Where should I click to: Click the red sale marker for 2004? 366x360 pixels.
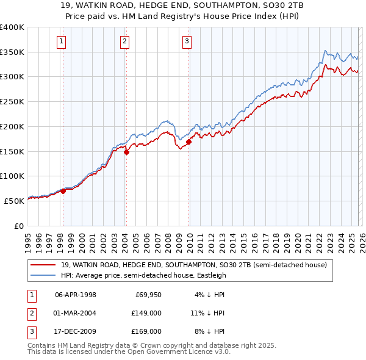pyautogui.click(x=126, y=153)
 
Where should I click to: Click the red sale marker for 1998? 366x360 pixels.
pyautogui.click(x=63, y=191)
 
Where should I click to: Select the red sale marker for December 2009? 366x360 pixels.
pyautogui.click(x=188, y=142)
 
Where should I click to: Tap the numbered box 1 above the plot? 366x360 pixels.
pyautogui.click(x=62, y=41)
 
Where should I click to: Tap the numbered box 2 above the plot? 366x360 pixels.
pyautogui.click(x=124, y=41)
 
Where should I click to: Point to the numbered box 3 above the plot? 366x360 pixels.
pyautogui.click(x=187, y=41)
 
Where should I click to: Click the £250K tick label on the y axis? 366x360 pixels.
pyautogui.click(x=12, y=101)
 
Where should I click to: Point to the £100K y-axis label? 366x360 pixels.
pyautogui.click(x=12, y=176)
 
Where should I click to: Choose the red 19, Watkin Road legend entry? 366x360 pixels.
pyautogui.click(x=194, y=265)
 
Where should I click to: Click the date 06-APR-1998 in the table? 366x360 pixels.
pyautogui.click(x=76, y=295)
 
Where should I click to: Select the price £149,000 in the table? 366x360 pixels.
pyautogui.click(x=146, y=313)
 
